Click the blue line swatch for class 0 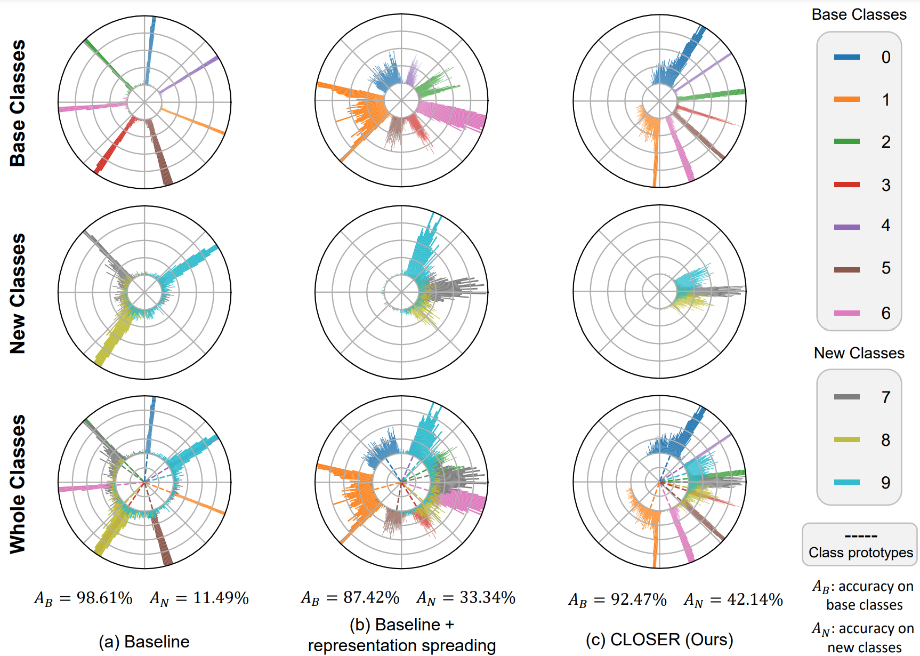[846, 57]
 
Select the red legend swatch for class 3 [846, 185]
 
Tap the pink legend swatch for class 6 [846, 313]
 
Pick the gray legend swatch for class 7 [846, 397]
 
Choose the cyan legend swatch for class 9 [846, 482]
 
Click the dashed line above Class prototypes [860, 536]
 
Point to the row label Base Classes [18, 103]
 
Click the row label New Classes [18, 293]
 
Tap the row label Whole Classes [18, 484]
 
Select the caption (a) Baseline [144, 641]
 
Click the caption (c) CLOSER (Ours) [659, 639]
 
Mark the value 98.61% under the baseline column [104, 598]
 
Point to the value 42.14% [755, 599]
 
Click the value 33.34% [487, 597]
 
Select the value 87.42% [371, 597]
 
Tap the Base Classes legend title [859, 14]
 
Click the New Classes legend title [859, 353]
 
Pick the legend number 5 [885, 268]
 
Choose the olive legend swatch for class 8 [846, 439]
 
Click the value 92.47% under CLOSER [639, 599]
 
